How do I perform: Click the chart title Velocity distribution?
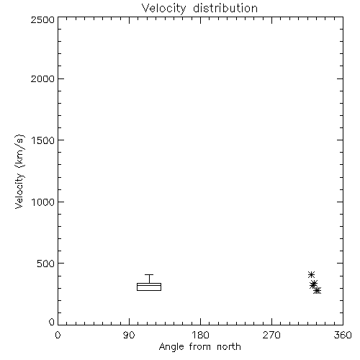tap(199, 9)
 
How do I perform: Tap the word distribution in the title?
tap(225, 9)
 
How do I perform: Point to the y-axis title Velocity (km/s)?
tap(19, 171)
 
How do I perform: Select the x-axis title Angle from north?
tap(199, 347)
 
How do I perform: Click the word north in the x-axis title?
tap(229, 347)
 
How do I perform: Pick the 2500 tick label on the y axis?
tap(42, 19)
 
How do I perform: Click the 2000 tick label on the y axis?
tap(42, 78)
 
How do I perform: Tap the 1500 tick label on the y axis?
tap(43, 140)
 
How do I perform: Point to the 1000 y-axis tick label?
tap(43, 202)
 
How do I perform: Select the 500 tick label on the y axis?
tap(46, 264)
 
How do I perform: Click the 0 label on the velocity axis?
tap(52, 322)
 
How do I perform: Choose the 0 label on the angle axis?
tap(58, 335)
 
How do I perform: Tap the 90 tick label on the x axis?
tap(129, 335)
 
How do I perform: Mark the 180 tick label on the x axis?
tap(200, 335)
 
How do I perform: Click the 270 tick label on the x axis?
tap(271, 335)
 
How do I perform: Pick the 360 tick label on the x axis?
tap(343, 335)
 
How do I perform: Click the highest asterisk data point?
tap(311, 274)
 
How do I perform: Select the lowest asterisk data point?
tap(318, 291)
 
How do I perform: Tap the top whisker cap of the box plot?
tap(149, 274)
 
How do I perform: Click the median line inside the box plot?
tap(149, 285)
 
